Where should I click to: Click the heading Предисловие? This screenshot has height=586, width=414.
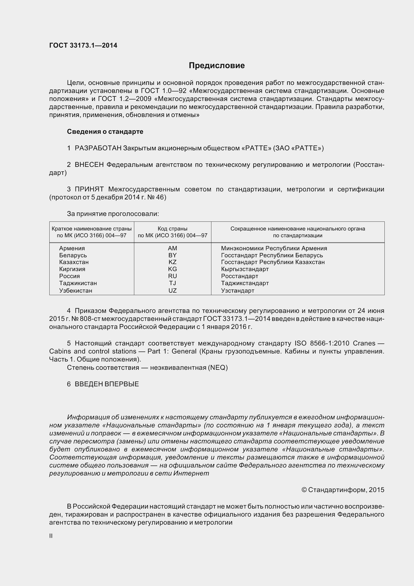point(217,66)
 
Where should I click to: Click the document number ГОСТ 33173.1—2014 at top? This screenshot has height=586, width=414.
point(83,45)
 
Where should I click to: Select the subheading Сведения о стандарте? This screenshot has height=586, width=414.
point(105,132)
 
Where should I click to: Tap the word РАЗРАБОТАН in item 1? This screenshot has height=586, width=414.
point(98,148)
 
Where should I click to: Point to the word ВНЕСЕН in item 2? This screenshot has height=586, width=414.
point(89,165)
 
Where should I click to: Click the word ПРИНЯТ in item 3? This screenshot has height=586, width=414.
point(89,189)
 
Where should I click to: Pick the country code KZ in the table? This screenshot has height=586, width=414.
point(172,262)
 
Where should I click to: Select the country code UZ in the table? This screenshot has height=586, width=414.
point(172,290)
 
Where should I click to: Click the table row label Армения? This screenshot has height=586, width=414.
point(72,248)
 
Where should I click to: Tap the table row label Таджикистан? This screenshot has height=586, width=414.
point(78,283)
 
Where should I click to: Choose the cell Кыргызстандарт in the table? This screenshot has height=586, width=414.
point(245,269)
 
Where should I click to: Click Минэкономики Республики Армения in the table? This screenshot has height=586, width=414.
point(274,248)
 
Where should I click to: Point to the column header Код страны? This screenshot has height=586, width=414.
point(172,229)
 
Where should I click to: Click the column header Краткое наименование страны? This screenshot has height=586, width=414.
point(92,229)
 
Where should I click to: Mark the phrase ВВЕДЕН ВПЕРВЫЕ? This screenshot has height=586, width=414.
point(107,384)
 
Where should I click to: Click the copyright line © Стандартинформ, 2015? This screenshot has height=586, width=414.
point(343,490)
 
